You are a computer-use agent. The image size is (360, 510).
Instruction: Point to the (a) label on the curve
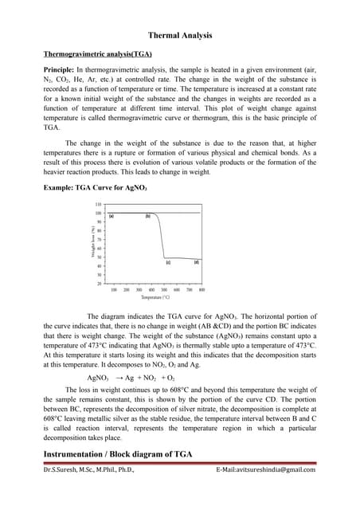click(x=112, y=216)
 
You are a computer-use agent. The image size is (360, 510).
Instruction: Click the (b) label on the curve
click(x=148, y=216)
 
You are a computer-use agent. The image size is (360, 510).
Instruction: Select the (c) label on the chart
click(x=167, y=262)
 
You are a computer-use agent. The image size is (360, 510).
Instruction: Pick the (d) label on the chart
click(x=196, y=262)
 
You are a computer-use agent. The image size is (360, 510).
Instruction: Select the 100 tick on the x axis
click(x=114, y=289)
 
